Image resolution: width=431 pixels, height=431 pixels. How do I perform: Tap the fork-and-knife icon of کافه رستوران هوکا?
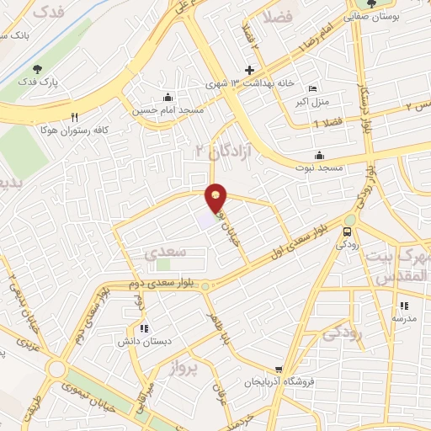[x=75, y=117]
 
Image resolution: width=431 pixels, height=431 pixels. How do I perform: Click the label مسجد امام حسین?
[x=156, y=109]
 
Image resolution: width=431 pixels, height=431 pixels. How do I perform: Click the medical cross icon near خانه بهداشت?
[x=249, y=71]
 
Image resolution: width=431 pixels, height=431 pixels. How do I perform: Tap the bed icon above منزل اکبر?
[x=314, y=90]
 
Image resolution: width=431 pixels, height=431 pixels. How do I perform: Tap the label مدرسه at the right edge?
[x=403, y=319]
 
